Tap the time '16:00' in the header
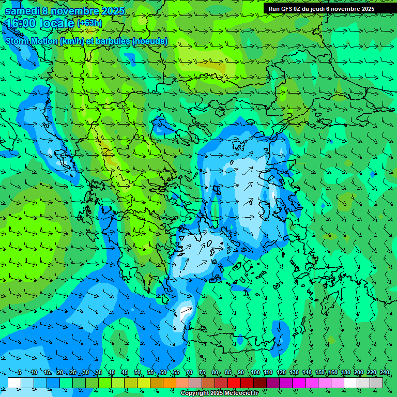[x=23, y=23]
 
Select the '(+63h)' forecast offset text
[x=89, y=23]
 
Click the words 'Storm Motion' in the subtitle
[x=31, y=41]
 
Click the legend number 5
[x=19, y=373]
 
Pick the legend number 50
[x=138, y=373]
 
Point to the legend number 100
[x=255, y=373]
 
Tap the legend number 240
[x=385, y=373]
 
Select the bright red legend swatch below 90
[x=234, y=383]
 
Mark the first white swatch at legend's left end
[x=14, y=383]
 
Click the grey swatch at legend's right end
[x=376, y=383]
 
